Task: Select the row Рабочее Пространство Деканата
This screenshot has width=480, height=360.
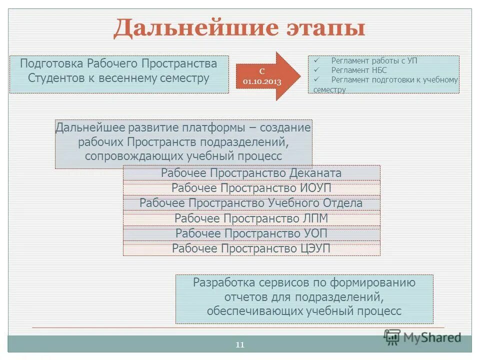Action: coord(251,173)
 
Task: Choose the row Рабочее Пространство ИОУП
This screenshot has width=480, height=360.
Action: coord(251,188)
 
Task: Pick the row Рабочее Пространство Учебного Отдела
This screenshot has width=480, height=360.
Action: coord(251,203)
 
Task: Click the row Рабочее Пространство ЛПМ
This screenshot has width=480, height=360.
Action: coord(251,218)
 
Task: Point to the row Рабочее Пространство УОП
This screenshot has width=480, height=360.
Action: coord(251,233)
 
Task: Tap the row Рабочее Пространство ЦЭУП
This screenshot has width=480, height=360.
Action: coord(251,248)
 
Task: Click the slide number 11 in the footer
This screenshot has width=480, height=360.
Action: coord(239,344)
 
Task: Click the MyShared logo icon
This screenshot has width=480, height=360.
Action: coord(392,337)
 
